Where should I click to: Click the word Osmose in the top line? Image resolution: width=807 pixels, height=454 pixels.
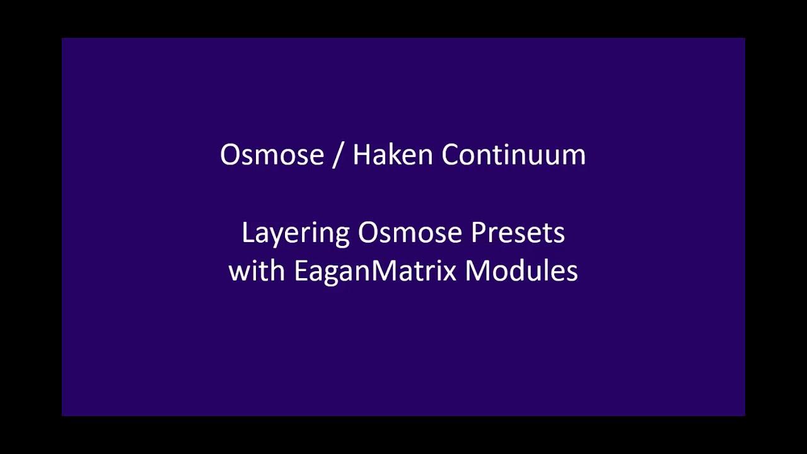tap(272, 155)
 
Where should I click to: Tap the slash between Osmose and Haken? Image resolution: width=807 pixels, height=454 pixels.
tap(338, 155)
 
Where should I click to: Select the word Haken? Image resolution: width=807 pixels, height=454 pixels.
tap(392, 155)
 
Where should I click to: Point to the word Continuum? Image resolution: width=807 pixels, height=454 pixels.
tap(513, 155)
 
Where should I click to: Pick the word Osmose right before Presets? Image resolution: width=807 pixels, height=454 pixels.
tap(410, 233)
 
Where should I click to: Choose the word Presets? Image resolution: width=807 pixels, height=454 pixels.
tap(518, 233)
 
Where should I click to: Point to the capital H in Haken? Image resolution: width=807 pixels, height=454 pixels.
tap(362, 155)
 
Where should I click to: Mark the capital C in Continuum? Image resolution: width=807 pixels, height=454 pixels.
tap(450, 155)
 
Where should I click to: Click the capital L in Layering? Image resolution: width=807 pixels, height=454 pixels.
tap(247, 233)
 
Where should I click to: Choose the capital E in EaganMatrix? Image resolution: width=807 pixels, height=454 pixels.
tap(300, 271)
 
